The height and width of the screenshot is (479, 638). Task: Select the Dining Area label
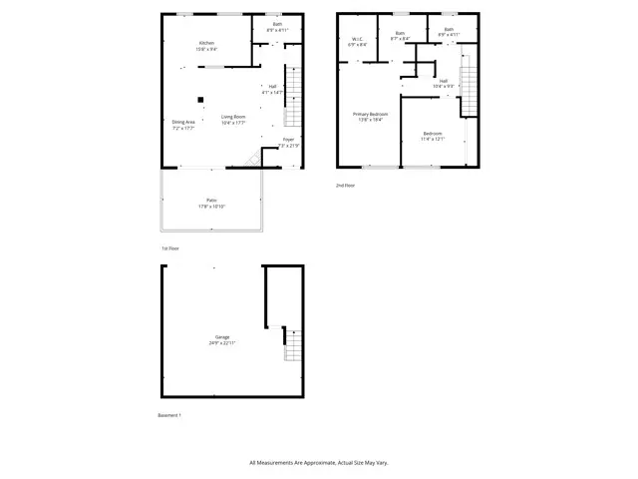(x=183, y=125)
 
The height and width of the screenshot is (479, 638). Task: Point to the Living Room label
(x=234, y=119)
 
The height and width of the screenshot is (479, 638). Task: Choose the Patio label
(x=211, y=203)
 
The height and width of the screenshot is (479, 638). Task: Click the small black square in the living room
(x=200, y=99)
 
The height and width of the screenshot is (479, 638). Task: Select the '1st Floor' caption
(x=170, y=248)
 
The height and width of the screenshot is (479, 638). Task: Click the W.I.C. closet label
(x=357, y=42)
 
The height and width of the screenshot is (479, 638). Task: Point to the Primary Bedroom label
(x=371, y=117)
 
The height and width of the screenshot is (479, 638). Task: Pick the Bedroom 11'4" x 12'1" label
(x=432, y=136)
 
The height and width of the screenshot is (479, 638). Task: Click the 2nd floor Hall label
(x=444, y=84)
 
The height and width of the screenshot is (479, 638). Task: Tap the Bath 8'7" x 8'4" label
(x=400, y=36)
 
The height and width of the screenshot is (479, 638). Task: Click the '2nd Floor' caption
(x=345, y=186)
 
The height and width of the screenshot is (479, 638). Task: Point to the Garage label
(x=221, y=340)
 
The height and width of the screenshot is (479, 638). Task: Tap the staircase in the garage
(x=291, y=344)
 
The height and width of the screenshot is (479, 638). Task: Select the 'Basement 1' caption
(x=169, y=415)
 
